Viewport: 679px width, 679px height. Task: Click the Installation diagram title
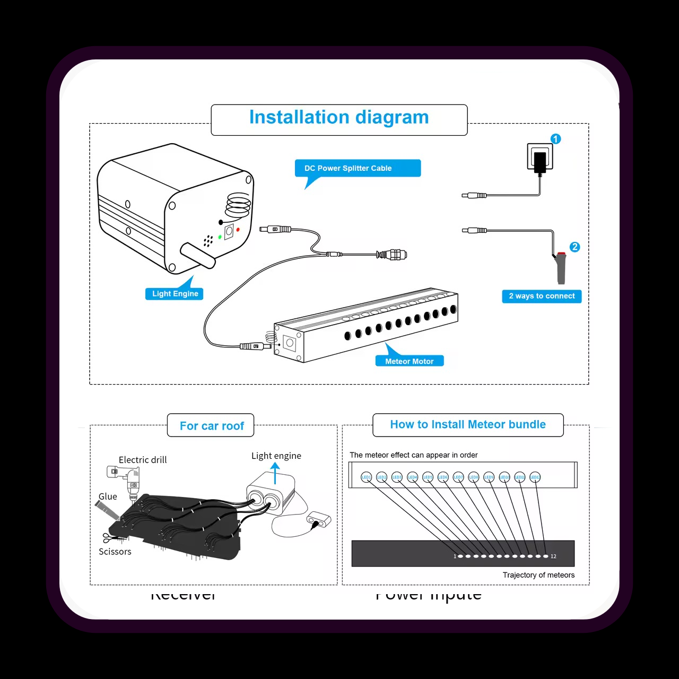tap(339, 117)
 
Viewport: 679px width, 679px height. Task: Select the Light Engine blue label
tap(175, 294)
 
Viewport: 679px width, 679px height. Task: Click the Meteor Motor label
tap(409, 361)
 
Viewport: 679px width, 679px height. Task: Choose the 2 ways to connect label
tap(542, 296)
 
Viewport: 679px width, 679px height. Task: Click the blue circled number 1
tap(555, 139)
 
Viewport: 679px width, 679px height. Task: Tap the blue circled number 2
tap(574, 247)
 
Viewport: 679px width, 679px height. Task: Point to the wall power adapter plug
tap(540, 159)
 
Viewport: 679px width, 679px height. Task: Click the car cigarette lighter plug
tap(561, 268)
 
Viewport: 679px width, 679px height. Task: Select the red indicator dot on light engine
tap(238, 230)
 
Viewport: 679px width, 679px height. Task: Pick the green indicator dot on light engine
tap(220, 237)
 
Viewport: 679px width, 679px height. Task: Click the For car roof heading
tap(211, 426)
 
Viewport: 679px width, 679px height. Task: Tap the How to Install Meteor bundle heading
tap(468, 424)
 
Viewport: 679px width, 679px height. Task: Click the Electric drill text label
tap(143, 460)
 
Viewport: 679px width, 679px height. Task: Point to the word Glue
tap(108, 497)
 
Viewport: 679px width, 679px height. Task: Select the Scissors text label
tap(115, 552)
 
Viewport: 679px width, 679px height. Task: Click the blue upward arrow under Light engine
tap(275, 473)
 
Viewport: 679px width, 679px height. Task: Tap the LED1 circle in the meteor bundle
tap(366, 477)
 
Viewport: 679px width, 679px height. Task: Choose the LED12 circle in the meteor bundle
tap(535, 477)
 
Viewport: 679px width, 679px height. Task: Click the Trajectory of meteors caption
tap(538, 575)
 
